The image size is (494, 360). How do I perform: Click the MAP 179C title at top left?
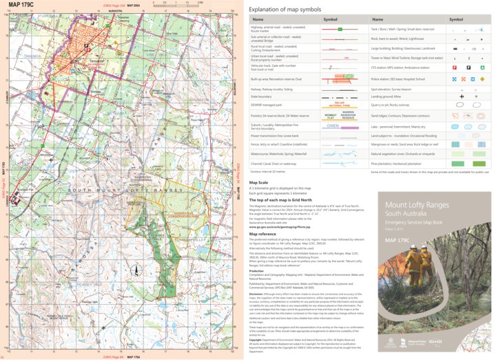(20, 5)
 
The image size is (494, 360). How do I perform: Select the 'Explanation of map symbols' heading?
(285, 9)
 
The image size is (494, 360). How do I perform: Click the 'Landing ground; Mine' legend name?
(387, 97)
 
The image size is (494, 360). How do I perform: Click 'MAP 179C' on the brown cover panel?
(400, 239)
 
